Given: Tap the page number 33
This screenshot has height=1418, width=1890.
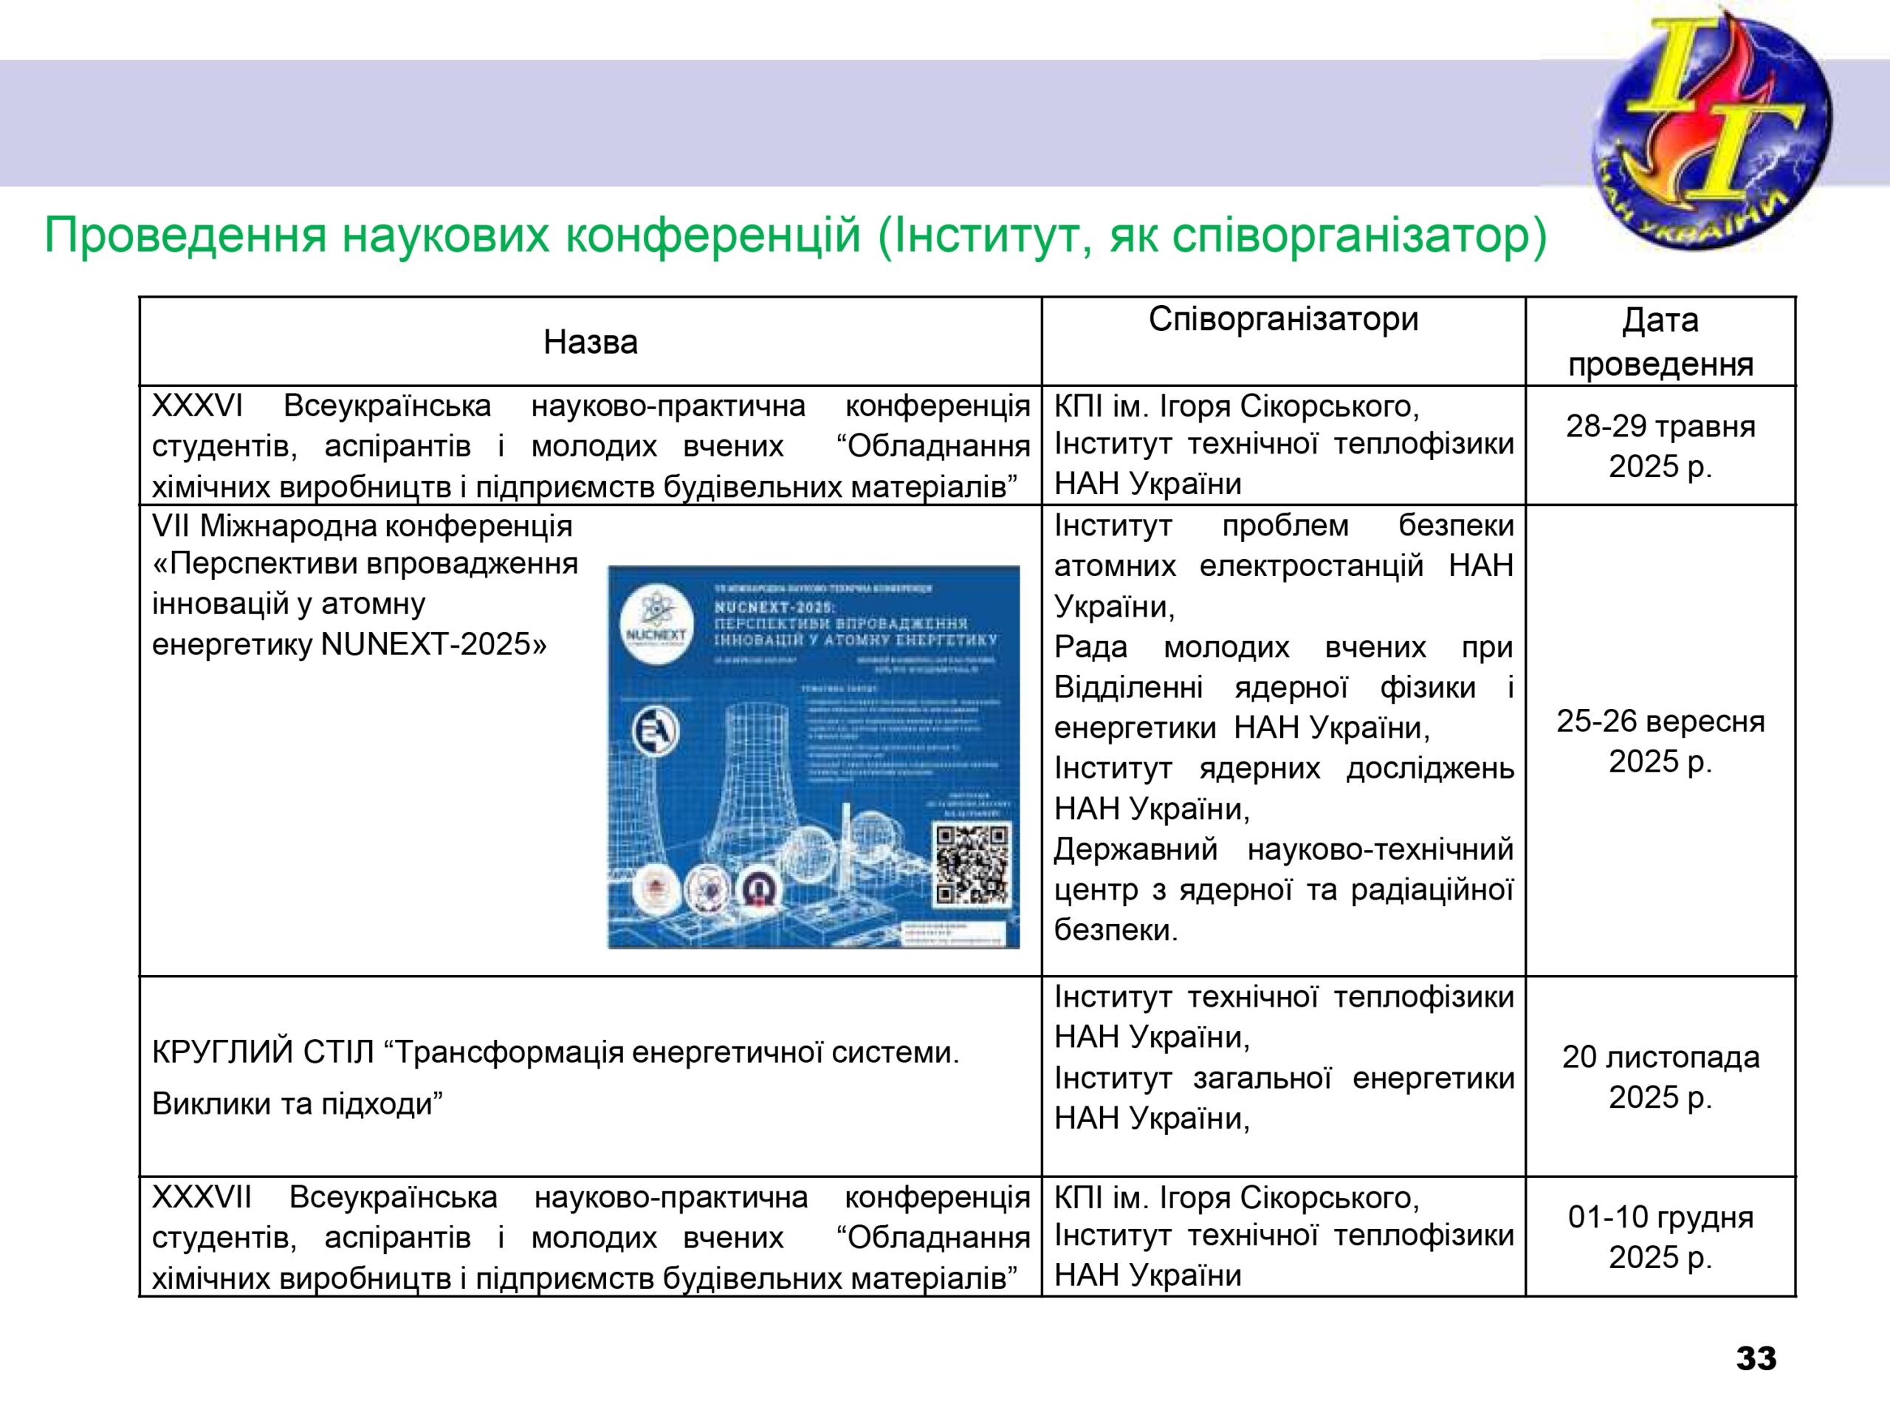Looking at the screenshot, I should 1756,1358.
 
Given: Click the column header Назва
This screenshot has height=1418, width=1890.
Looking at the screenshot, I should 591,343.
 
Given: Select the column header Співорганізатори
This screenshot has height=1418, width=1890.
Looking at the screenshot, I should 1282,320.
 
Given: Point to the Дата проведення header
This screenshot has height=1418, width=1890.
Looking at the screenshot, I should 1660,342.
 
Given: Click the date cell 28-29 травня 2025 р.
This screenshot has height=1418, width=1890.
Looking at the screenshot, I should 1660,446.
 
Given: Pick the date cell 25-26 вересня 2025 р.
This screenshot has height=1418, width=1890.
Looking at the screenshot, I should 1660,741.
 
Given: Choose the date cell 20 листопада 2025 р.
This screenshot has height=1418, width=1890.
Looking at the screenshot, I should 1660,1077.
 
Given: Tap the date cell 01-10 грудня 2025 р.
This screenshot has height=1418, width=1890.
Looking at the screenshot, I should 1660,1237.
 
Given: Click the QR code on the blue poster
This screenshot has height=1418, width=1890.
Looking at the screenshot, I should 972,864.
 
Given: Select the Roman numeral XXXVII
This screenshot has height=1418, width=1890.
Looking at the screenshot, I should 202,1197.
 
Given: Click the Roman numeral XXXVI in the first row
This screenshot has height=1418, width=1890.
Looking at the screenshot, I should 197,406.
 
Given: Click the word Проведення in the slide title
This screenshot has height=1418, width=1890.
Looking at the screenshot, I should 185,237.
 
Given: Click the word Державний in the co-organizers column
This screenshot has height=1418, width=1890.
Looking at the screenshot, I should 1135,849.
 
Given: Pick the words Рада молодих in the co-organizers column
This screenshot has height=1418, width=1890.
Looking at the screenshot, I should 1172,647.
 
